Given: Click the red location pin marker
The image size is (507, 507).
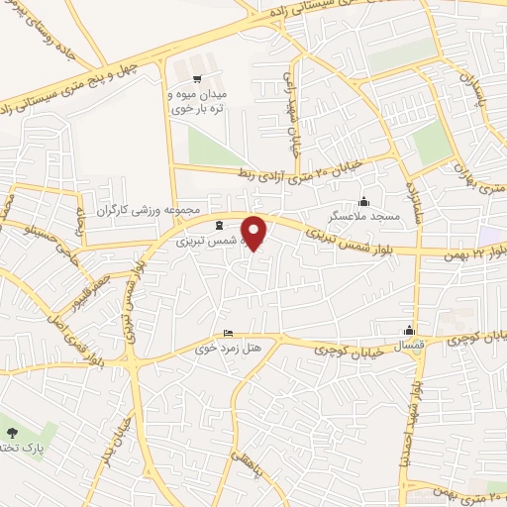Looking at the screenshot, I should click(x=254, y=232).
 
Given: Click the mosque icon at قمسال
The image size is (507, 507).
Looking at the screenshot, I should click(x=409, y=331).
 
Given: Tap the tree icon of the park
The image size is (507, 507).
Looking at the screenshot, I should click(x=12, y=432).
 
